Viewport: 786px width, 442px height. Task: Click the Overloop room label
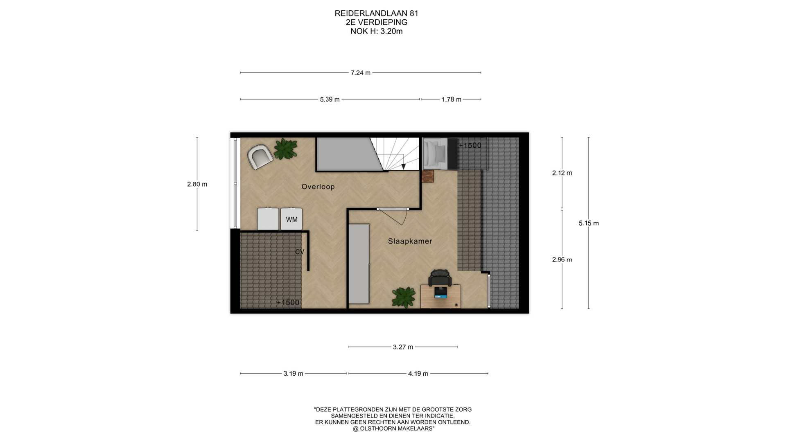(318, 187)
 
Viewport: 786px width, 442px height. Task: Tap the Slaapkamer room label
(410, 241)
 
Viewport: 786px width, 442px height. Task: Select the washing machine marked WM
(291, 219)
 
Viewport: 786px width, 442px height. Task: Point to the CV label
(300, 252)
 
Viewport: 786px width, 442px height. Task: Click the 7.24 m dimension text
(360, 73)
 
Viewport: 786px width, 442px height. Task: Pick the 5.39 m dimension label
(330, 99)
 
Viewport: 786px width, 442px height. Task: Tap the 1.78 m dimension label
(451, 99)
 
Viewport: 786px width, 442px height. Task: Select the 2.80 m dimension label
(197, 184)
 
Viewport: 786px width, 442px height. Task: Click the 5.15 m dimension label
(589, 223)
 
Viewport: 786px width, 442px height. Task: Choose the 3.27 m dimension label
(403, 347)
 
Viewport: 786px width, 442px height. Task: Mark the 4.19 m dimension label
(418, 374)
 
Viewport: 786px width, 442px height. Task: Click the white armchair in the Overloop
(260, 157)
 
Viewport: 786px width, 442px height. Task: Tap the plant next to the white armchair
(285, 149)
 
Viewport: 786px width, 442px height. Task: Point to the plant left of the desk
(404, 297)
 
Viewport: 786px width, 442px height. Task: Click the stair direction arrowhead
(404, 167)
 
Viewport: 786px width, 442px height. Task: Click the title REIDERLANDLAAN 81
(376, 14)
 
